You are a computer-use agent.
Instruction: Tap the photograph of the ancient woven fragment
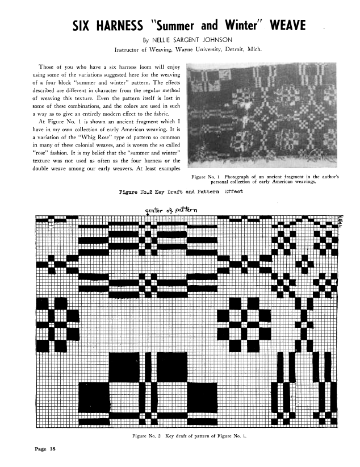pyautogui.click(x=263, y=117)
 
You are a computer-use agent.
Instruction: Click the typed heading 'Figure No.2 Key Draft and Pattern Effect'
pyautogui.click(x=181, y=191)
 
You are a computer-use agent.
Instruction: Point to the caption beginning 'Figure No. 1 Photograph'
pyautogui.click(x=266, y=179)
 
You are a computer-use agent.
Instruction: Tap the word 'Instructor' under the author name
pyautogui.click(x=128, y=50)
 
